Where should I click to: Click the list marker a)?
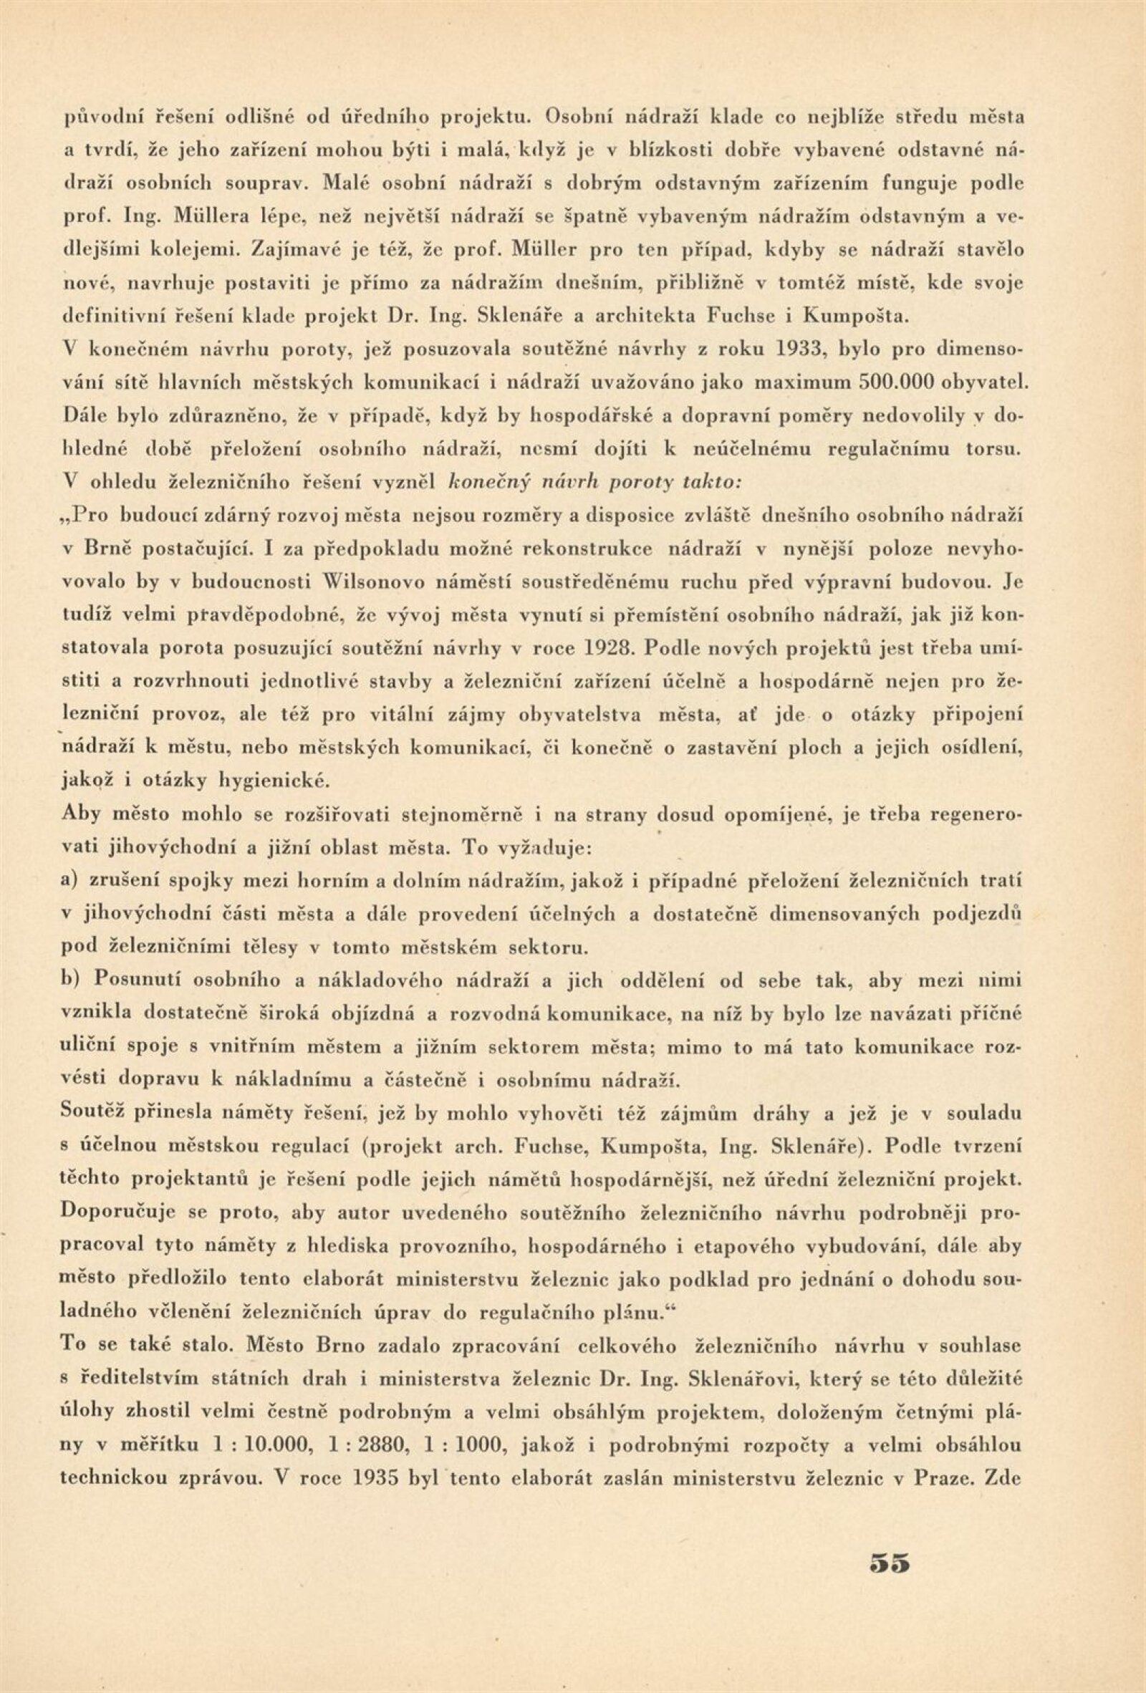pos(72,880)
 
